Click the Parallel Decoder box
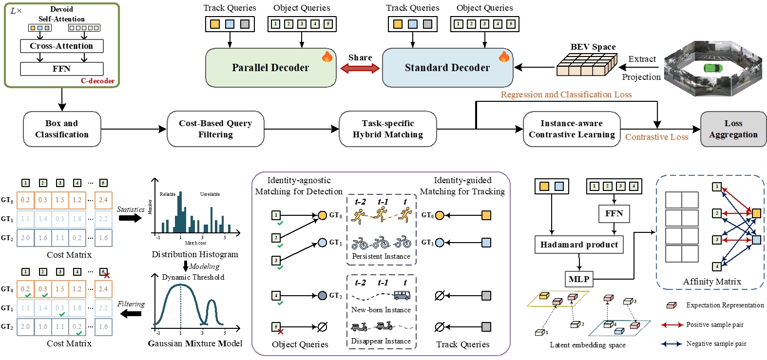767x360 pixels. pos(270,68)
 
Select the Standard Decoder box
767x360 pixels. pos(447,68)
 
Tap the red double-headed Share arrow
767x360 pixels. pos(360,68)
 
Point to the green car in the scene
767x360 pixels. pos(713,68)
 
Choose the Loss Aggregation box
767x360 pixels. pos(733,129)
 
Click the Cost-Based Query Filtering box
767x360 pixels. pos(215,129)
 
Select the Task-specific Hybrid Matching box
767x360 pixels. pos(388,129)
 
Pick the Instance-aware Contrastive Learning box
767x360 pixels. pos(572,129)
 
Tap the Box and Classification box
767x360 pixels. pos(62,129)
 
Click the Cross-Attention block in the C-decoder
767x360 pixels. pos(61,46)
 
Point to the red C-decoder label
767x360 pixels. pos(97,81)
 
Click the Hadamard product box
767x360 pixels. pos(579,245)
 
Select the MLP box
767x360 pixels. pos(579,279)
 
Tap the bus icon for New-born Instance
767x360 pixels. pos(402,295)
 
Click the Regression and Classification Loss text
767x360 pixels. pos(566,95)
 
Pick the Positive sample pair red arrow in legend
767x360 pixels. pos(671,325)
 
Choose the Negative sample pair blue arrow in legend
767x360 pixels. pos(671,344)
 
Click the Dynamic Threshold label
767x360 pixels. pos(193,277)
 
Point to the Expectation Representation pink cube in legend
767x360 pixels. pos(671,305)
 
